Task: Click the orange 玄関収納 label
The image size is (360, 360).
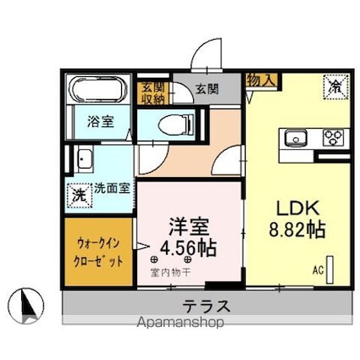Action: click(x=152, y=91)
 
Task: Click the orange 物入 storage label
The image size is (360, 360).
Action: click(x=260, y=80)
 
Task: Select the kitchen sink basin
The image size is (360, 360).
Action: click(x=297, y=137)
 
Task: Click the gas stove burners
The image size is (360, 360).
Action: click(x=332, y=137)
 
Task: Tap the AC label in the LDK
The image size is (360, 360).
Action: click(x=318, y=271)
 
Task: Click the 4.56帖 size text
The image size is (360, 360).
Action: click(x=189, y=248)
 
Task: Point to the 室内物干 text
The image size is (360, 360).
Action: click(x=172, y=272)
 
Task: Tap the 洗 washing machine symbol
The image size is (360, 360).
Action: click(x=80, y=193)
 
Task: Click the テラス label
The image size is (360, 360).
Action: click(x=207, y=305)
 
